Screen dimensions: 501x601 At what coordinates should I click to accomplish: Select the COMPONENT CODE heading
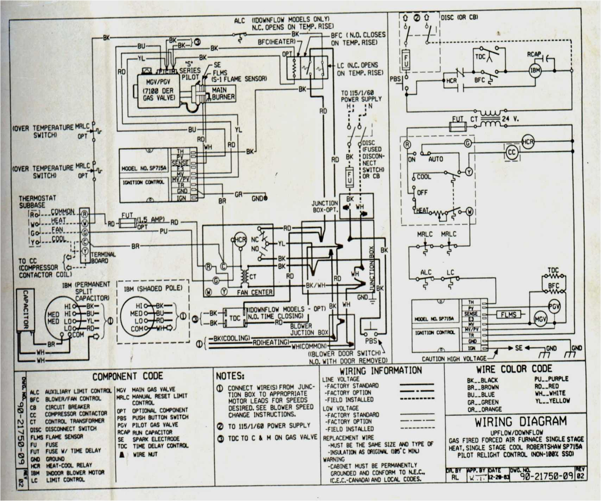(x=127, y=376)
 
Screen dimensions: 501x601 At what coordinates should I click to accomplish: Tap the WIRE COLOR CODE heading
(x=514, y=369)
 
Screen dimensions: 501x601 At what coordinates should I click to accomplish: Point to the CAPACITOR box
(x=26, y=310)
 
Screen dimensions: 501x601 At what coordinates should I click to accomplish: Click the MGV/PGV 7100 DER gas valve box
(x=158, y=90)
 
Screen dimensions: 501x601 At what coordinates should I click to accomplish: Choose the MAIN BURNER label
(x=223, y=94)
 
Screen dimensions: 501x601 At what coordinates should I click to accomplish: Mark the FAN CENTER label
(x=254, y=292)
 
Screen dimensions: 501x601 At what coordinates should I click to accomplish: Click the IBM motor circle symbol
(x=535, y=70)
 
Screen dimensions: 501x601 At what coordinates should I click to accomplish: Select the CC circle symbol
(x=512, y=152)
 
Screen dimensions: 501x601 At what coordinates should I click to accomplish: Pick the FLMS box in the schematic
(x=508, y=315)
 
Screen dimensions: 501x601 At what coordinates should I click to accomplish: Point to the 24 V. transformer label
(x=510, y=119)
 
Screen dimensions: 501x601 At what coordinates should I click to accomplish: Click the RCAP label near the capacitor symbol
(x=534, y=54)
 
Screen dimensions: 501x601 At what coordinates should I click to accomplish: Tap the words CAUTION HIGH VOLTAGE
(x=454, y=359)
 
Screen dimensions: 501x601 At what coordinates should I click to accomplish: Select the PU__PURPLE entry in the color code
(x=551, y=379)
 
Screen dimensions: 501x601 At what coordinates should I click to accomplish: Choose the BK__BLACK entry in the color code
(x=482, y=380)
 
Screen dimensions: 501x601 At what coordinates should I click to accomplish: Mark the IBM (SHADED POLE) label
(x=153, y=288)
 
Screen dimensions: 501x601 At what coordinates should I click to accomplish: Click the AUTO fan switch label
(x=436, y=159)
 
